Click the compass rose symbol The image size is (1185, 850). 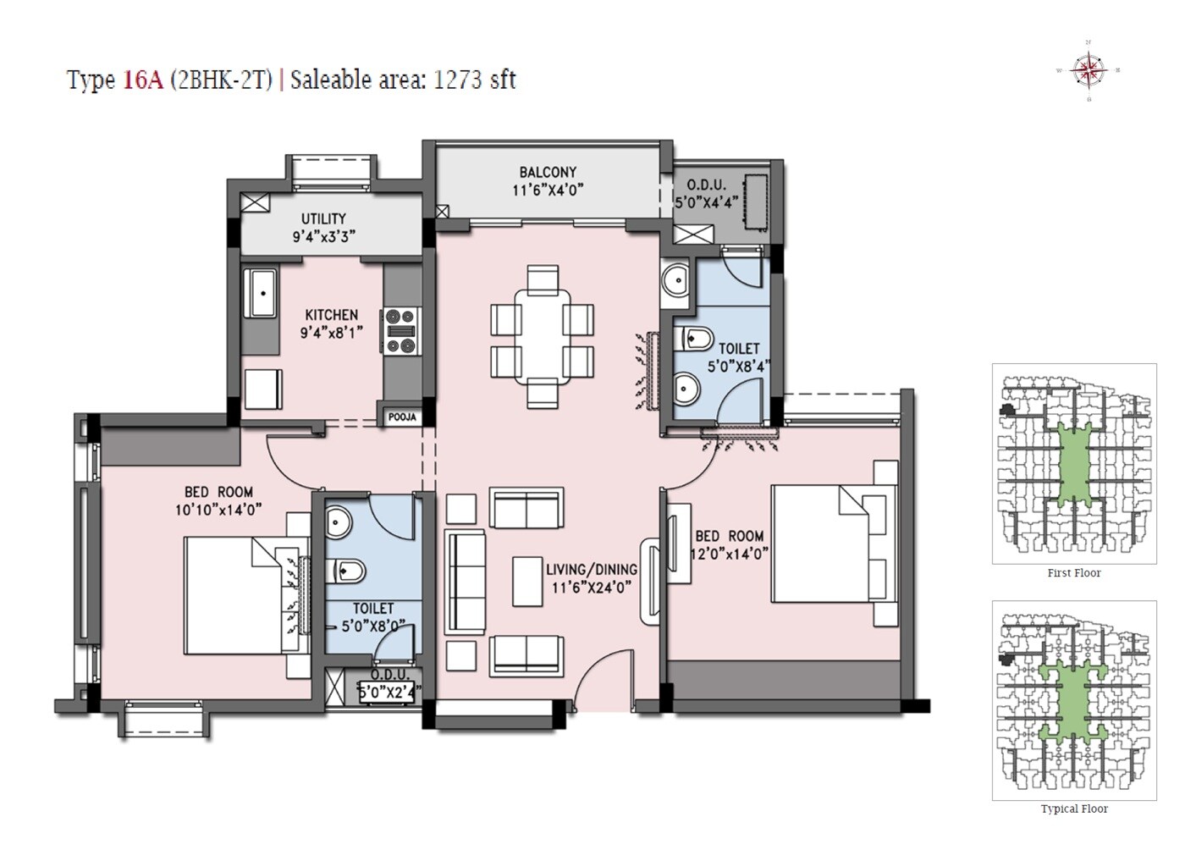(1089, 70)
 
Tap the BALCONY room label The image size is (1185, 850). (548, 172)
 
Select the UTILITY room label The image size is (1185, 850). (323, 218)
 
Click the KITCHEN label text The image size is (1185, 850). (331, 314)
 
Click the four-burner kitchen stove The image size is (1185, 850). (401, 330)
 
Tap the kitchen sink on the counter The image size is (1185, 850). (261, 293)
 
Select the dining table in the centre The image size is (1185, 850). (542, 336)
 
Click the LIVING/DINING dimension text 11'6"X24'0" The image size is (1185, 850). (592, 588)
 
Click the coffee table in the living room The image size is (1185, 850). (527, 581)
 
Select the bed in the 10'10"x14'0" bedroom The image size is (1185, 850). (233, 596)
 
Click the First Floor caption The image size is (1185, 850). (1073, 573)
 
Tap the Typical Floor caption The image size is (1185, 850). (1073, 809)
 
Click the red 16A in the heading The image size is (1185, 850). (143, 80)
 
